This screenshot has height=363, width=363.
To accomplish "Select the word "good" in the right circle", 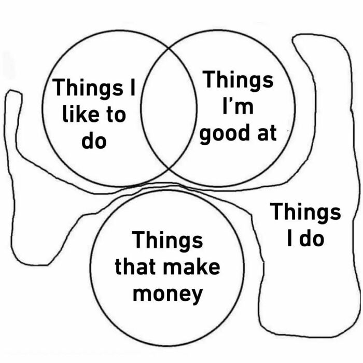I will pos(224,134).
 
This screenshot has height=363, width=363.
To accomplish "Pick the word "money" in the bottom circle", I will pos(167,294).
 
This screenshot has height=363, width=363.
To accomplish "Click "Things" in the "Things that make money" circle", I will pos(167,240).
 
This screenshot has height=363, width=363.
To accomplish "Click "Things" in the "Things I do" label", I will pos(305,212).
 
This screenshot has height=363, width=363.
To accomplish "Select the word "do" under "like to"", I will pos(94,141).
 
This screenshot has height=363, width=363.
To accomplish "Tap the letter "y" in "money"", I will pos(196,296).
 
